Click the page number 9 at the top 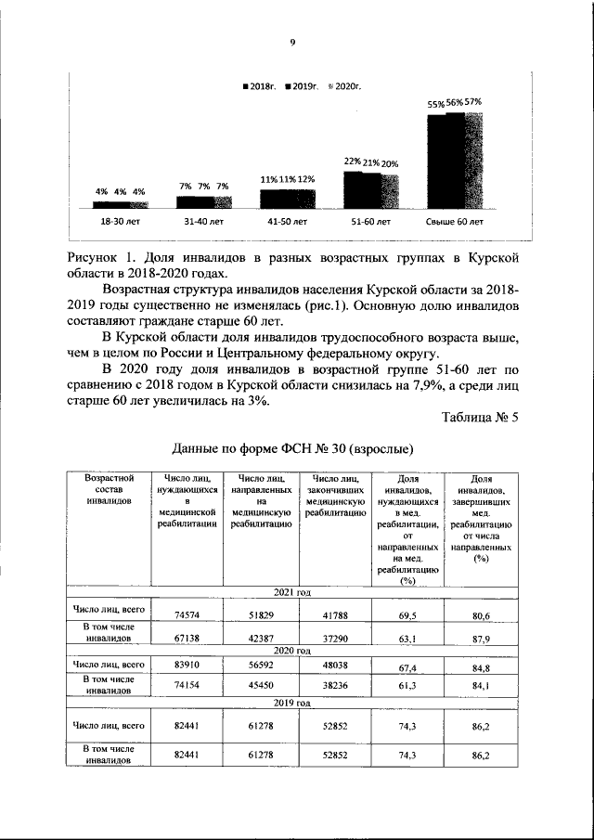coord(292,42)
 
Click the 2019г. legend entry coord(303,85)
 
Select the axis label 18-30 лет coord(121,222)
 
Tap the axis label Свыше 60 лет coord(455,222)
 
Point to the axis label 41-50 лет coord(288,222)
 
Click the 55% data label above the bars coord(435,104)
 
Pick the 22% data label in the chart coord(353,162)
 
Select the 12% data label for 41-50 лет coord(306,179)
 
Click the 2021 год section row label coord(291,592)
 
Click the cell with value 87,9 coord(480,638)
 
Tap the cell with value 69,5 coord(407,614)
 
